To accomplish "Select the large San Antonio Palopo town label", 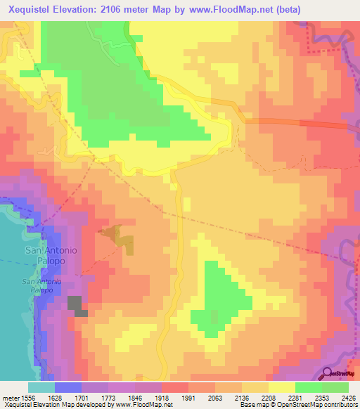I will tap(51, 256).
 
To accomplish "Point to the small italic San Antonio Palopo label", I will tap(46, 287).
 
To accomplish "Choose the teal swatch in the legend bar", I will tap(41, 387).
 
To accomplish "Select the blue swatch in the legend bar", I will tap(68, 387).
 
